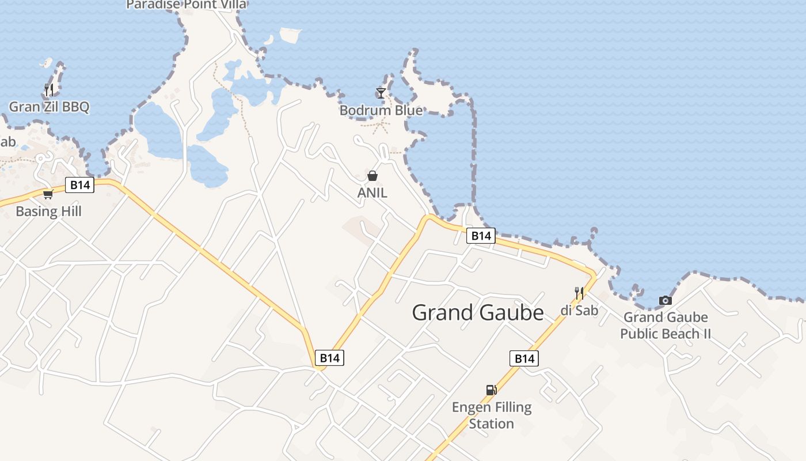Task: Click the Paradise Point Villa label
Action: tap(186, 5)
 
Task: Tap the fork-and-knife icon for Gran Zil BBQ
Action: tap(49, 89)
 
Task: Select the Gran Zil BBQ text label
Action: tap(49, 107)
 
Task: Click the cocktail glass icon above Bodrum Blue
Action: tap(381, 93)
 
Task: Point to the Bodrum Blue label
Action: tap(381, 110)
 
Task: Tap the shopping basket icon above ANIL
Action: tap(372, 176)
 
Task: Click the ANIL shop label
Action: tap(372, 192)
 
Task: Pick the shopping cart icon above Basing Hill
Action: tap(48, 194)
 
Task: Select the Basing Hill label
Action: tap(48, 211)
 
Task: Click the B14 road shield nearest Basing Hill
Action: tap(79, 185)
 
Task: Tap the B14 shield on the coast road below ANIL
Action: tap(481, 235)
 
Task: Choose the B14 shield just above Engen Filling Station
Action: tap(524, 358)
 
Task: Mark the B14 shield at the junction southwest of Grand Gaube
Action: tap(330, 358)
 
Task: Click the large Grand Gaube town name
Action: tap(478, 312)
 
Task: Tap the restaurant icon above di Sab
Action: tap(579, 293)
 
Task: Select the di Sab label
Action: tap(579, 310)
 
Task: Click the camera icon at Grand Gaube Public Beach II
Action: tap(666, 300)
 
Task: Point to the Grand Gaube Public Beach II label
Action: tap(666, 325)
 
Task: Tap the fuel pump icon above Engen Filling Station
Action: tap(491, 390)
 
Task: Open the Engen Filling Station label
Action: tap(491, 415)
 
